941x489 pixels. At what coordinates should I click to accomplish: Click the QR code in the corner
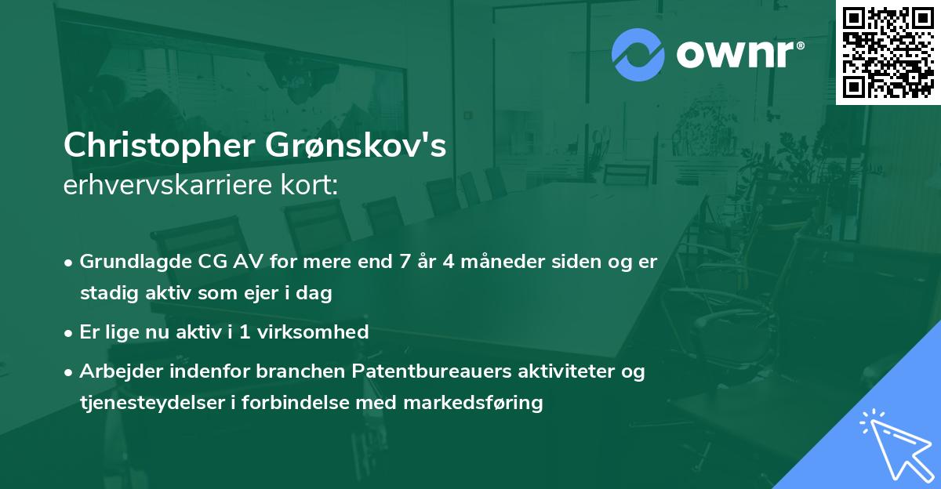[888, 53]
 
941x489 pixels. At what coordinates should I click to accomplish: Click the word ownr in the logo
[739, 55]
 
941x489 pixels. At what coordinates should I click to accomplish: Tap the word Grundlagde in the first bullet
[129, 261]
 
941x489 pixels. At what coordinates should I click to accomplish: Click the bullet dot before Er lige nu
[70, 332]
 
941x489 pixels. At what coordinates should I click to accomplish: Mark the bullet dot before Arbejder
[70, 371]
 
